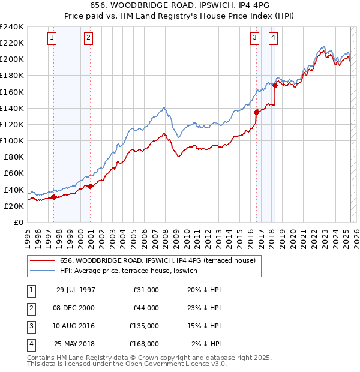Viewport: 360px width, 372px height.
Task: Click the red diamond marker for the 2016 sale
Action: (256, 112)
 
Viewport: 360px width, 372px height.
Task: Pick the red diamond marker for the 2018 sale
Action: (275, 85)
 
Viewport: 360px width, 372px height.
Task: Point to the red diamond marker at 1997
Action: (54, 197)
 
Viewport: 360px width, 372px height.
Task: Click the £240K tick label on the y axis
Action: (12, 27)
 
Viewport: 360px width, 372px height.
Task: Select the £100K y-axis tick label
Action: (12, 140)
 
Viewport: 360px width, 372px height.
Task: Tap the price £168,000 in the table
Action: (145, 344)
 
